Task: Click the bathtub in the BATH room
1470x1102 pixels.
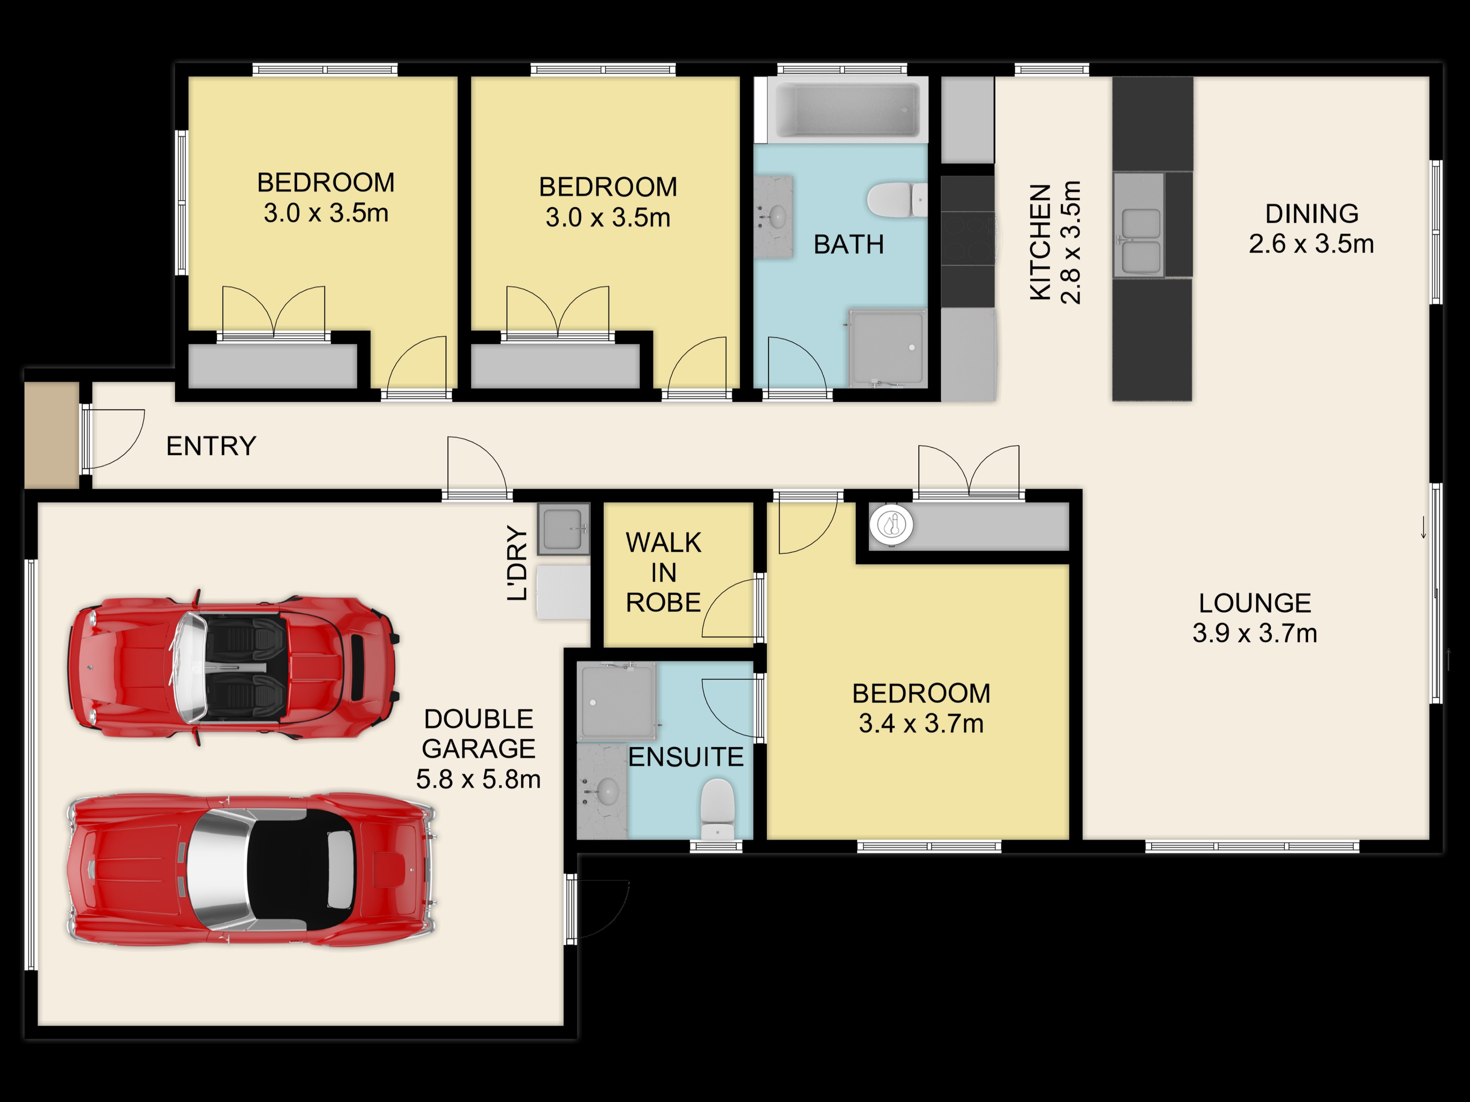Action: pyautogui.click(x=848, y=109)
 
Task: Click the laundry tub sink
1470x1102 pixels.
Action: pyautogui.click(x=563, y=529)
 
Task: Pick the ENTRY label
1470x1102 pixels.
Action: pyautogui.click(x=211, y=446)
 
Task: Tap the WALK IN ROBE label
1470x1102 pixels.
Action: pyautogui.click(x=663, y=572)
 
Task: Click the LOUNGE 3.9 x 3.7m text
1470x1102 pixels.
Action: pyautogui.click(x=1255, y=618)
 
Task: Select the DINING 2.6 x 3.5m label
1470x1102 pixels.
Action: pyautogui.click(x=1311, y=229)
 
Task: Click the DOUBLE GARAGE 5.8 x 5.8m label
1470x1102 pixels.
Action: pyautogui.click(x=479, y=749)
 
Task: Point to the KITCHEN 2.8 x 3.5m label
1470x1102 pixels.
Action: pyautogui.click(x=1056, y=243)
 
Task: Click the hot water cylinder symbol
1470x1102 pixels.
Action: pyautogui.click(x=891, y=525)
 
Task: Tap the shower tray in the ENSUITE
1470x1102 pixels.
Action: pyautogui.click(x=617, y=701)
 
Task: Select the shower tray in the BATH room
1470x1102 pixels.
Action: pyautogui.click(x=887, y=348)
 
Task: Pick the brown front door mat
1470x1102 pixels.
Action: pyautogui.click(x=52, y=435)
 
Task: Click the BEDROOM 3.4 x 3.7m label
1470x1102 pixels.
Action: pyautogui.click(x=921, y=708)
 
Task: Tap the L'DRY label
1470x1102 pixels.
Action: pyautogui.click(x=517, y=563)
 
